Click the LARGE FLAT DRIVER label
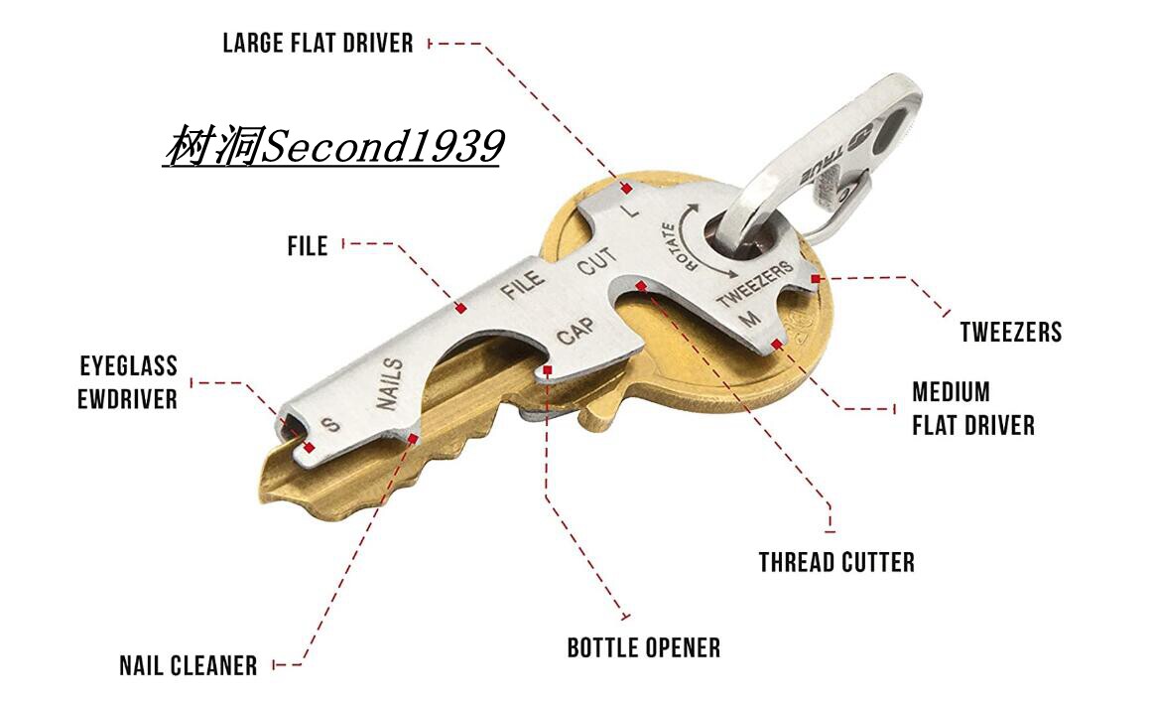point(318,43)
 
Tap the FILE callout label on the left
point(308,245)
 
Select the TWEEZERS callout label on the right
point(1010,331)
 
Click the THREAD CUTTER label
point(836,562)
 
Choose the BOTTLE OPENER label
point(643,648)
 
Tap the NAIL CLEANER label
point(188,665)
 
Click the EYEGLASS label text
point(128,366)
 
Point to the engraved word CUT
point(597,264)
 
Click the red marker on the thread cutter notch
point(642,286)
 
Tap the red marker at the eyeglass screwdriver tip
point(310,448)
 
